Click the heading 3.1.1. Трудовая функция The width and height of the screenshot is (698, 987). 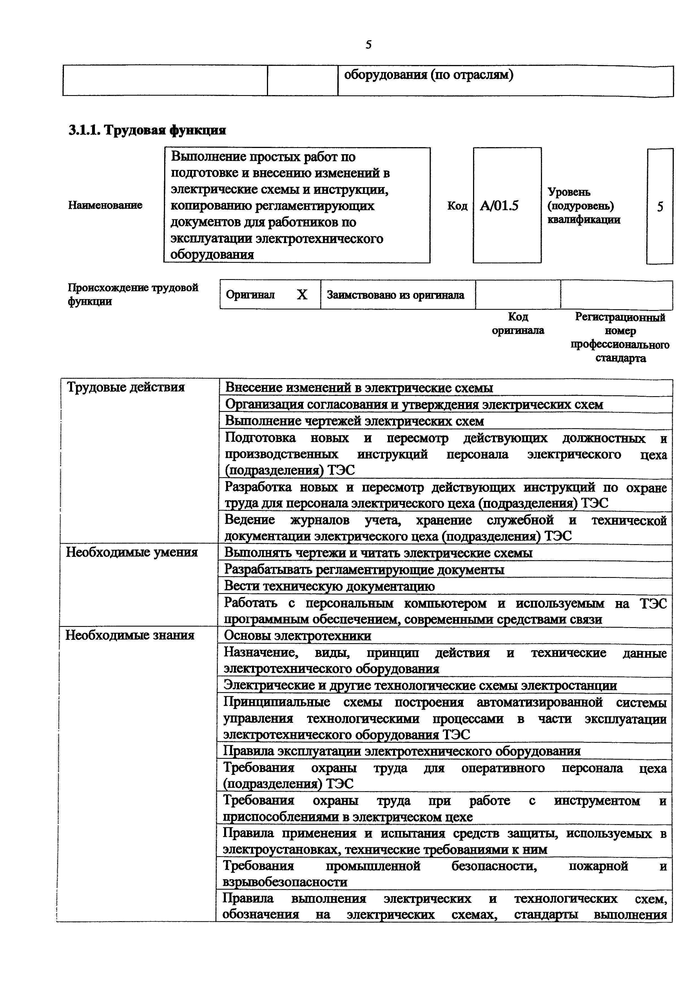pos(147,130)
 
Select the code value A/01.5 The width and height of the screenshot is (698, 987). pos(499,206)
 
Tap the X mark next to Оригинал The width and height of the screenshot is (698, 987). pos(302,295)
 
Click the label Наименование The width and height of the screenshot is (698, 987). pos(105,205)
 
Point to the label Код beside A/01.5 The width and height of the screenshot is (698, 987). pos(457,206)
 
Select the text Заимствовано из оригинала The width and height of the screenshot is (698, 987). pos(395,295)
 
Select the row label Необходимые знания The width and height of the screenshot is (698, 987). pos(130,635)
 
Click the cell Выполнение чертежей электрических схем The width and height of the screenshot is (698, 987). pos(354,421)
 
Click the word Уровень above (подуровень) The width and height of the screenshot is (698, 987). pos(568,192)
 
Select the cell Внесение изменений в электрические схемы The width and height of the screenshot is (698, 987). pos(359,388)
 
